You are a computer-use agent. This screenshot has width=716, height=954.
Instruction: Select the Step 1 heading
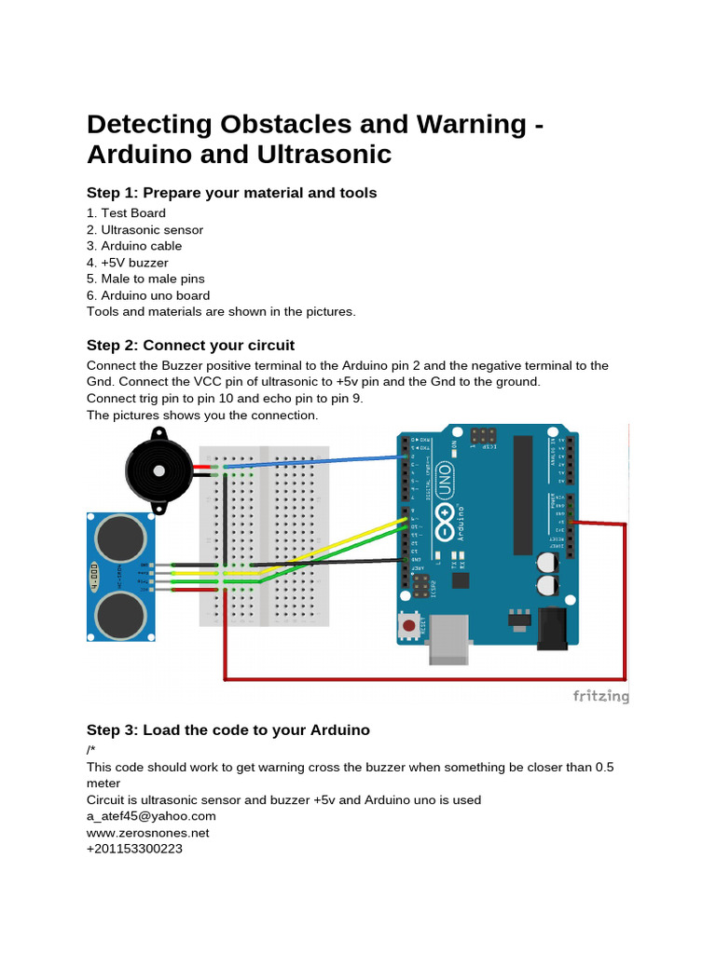pos(231,193)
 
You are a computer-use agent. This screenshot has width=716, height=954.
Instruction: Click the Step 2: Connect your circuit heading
pos(190,345)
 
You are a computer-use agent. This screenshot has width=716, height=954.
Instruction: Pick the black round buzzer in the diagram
pos(159,471)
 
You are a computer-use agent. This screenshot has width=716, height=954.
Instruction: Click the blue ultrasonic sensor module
pos(120,577)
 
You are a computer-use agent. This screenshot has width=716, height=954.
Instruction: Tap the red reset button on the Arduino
pos(408,625)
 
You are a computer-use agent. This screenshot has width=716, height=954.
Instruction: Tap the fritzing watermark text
pos(599,696)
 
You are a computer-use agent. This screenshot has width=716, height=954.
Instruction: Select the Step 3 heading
pos(228,730)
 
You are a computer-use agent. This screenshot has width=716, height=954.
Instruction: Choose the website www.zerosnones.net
pos(148,833)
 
